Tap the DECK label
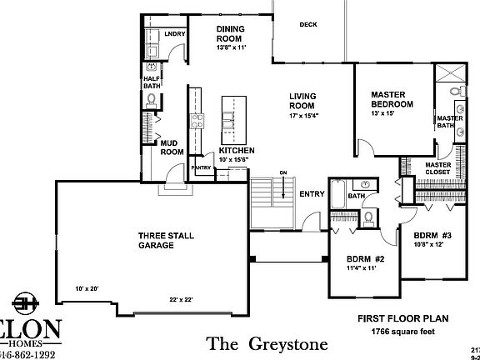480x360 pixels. pos(308,24)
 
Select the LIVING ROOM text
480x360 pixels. pos(301,101)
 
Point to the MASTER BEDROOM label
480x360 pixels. pos(392,99)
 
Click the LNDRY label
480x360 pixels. pos(174,34)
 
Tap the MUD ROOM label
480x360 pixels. pos(172,147)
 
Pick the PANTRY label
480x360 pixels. pos(202,167)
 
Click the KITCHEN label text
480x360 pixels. pos(236,151)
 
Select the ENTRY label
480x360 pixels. pos(312,194)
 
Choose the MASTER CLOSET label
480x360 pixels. pos(437,169)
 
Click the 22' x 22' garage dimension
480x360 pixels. pos(180,299)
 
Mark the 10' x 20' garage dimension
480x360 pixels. pos(87,288)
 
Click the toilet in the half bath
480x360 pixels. pos(151,100)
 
